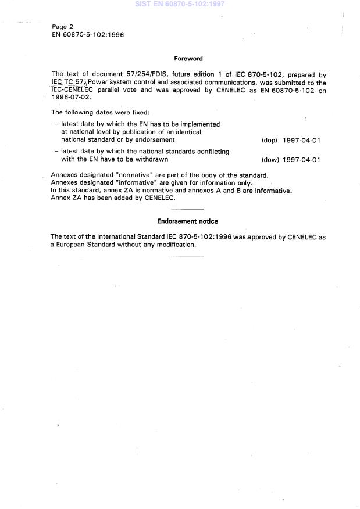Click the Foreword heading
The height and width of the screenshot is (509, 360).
tap(188, 59)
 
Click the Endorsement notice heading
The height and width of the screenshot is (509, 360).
tap(188, 221)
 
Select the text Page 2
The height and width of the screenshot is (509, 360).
tap(62, 27)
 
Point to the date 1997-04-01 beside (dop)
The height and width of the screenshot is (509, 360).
tap(301, 141)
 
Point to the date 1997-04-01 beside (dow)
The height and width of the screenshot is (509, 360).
tap(301, 160)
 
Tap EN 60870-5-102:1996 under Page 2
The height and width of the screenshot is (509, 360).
tap(87, 35)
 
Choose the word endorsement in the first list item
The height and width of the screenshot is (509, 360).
tap(155, 140)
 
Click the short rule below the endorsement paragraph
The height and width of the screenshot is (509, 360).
tap(188, 256)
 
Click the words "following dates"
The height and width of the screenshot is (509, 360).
tap(89, 113)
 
